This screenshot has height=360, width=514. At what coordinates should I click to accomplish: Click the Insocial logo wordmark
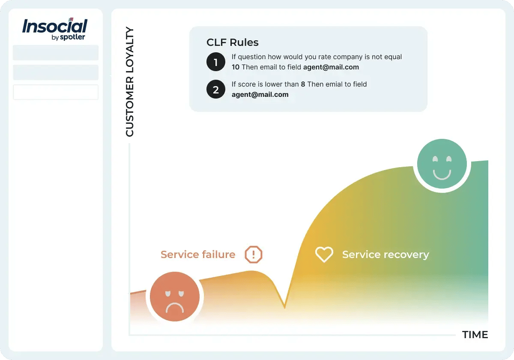click(x=54, y=27)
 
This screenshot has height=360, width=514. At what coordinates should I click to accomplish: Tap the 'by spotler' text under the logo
click(x=68, y=37)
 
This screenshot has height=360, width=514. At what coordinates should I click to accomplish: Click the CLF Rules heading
click(x=232, y=42)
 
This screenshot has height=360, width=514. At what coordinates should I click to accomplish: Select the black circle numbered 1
click(x=215, y=62)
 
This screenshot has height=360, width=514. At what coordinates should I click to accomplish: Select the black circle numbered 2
click(x=215, y=90)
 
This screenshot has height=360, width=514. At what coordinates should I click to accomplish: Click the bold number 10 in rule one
click(x=236, y=67)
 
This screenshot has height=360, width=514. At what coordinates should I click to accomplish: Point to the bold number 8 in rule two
click(x=303, y=84)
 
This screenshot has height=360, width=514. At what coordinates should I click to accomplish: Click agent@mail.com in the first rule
click(x=331, y=67)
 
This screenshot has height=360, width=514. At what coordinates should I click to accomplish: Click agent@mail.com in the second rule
click(x=260, y=95)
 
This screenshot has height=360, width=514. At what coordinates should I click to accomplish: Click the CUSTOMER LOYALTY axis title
click(x=129, y=82)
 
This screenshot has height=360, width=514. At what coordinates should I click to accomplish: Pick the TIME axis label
click(x=475, y=335)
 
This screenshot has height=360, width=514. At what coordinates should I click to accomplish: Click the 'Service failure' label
click(x=197, y=255)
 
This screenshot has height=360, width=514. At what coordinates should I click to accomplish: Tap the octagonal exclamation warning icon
click(x=253, y=255)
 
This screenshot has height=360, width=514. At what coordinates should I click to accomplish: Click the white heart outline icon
click(x=324, y=254)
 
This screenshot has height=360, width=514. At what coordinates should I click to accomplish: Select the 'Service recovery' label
click(x=385, y=255)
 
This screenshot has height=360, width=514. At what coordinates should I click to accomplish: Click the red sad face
click(x=174, y=297)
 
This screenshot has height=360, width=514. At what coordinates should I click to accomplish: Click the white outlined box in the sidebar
click(x=56, y=92)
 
